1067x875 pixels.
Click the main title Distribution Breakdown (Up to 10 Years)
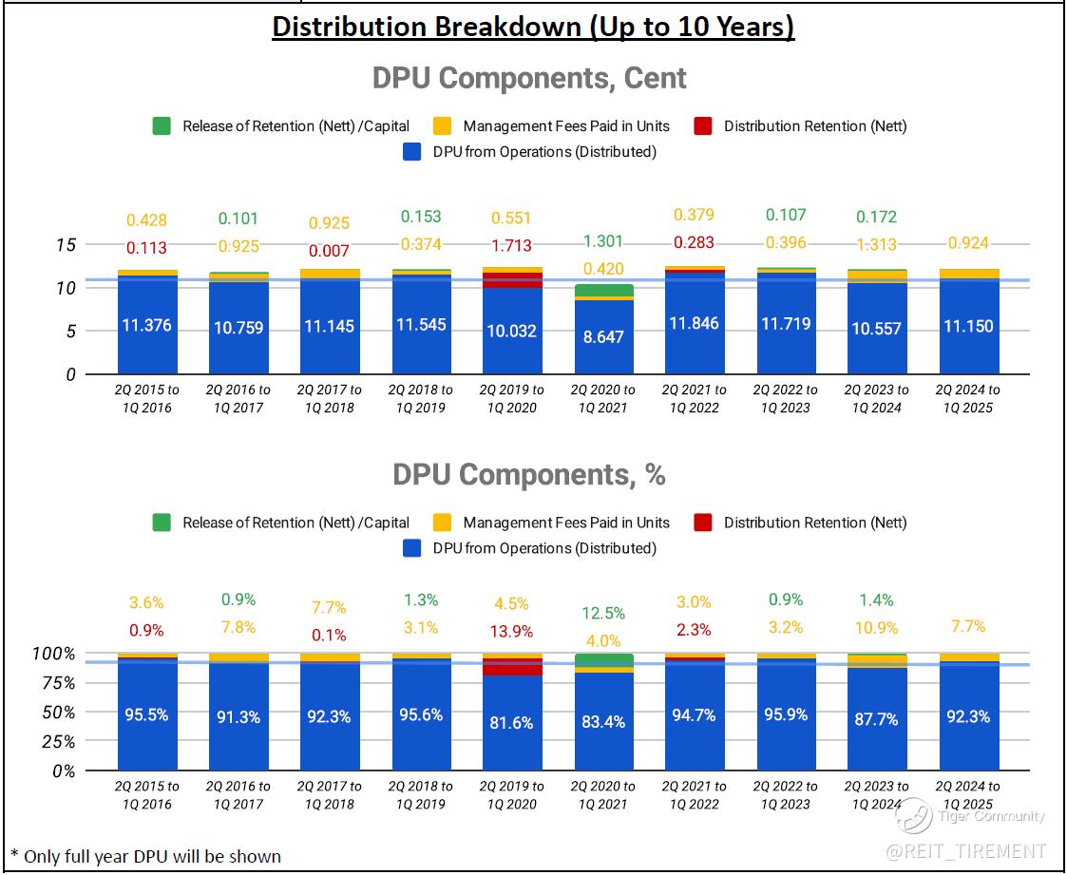pos(533,27)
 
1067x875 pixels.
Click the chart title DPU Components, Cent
pos(529,78)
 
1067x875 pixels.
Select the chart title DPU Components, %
pos(529,474)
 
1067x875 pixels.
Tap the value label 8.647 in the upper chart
pos(603,335)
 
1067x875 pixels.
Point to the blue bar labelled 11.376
pos(147,325)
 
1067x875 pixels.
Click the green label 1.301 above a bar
pos(603,240)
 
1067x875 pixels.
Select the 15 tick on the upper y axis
pos(65,244)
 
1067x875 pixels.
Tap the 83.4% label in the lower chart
pos(603,722)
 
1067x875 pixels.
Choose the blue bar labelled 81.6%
pos(512,722)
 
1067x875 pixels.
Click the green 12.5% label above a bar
pos(603,613)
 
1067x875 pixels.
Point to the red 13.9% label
pos(512,632)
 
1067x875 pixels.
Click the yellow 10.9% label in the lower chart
pos(877,628)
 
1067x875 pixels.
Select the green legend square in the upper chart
pos(162,126)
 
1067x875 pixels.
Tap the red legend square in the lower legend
pos(703,523)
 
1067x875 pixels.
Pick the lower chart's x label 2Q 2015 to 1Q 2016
pos(147,795)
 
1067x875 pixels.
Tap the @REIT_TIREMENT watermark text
pos(966,850)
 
